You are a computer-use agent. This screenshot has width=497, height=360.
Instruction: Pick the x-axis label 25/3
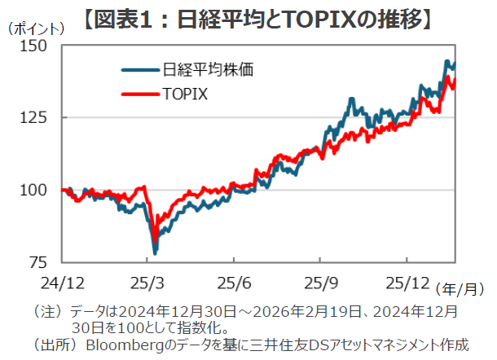(147, 282)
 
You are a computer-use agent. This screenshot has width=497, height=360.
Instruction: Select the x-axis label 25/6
(234, 282)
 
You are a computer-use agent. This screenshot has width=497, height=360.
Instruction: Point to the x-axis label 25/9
(320, 282)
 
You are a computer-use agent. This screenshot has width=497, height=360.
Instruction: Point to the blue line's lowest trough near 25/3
(155, 252)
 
